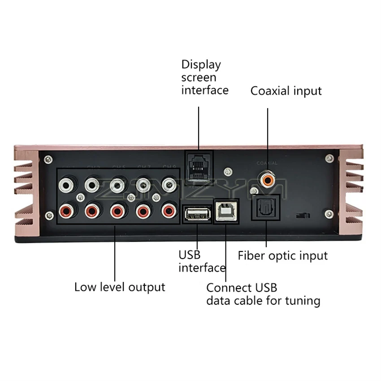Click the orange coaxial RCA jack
pos(268,181)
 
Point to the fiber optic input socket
pos(265,208)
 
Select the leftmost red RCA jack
pos(67,210)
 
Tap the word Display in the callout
pos(201,65)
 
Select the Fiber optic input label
pos(282,256)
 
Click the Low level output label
pos(120,287)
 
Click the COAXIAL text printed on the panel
pos(267,164)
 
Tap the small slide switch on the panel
pos(303,216)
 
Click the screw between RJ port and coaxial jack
pos(228,171)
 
